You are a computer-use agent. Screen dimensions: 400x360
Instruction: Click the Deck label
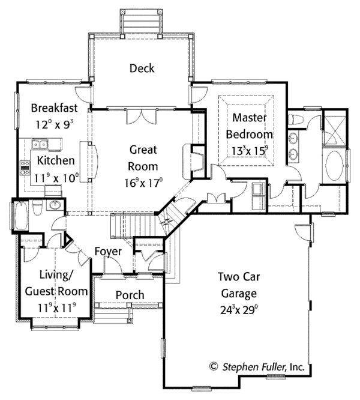pyautogui.click(x=142, y=68)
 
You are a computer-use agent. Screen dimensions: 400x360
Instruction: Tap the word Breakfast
pyautogui.click(x=55, y=108)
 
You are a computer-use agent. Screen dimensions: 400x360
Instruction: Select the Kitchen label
pyautogui.click(x=56, y=160)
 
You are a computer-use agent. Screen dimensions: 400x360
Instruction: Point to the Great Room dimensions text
pyautogui.click(x=143, y=183)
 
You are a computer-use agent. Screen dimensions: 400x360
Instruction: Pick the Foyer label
pyautogui.click(x=108, y=251)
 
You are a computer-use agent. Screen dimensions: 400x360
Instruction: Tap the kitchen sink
pyautogui.click(x=40, y=144)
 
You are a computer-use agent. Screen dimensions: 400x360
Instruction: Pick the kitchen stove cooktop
pyautogui.click(x=26, y=167)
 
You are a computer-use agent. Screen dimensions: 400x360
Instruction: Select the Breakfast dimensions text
pyautogui.click(x=55, y=126)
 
